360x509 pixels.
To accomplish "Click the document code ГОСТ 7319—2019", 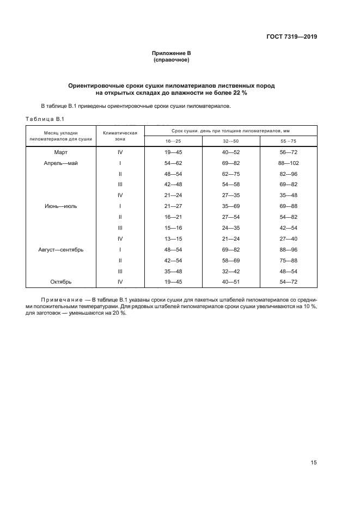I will click(291, 37).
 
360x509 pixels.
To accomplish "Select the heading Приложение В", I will click(172, 53).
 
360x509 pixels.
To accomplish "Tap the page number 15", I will click(313, 462).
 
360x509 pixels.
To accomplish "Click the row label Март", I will click(61, 152).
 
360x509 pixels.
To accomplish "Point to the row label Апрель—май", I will click(61, 163).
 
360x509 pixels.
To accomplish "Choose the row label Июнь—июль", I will click(61, 206).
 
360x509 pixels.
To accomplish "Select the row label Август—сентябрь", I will click(61, 250).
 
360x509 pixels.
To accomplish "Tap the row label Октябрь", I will click(61, 282).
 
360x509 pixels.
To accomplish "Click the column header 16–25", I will click(173, 141).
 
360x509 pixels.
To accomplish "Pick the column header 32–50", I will click(231, 141).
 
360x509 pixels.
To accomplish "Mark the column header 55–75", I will click(289, 141).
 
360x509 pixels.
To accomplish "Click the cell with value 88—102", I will click(289, 163).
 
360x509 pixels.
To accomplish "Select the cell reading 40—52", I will click(231, 152).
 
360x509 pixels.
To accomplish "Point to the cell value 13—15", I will click(173, 239).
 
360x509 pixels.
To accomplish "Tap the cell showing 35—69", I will click(231, 206).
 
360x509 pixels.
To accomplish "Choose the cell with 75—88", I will click(289, 261).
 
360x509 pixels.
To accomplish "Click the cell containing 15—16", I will click(173, 228).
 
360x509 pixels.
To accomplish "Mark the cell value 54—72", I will click(289, 282).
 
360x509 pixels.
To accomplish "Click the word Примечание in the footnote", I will click(61, 300).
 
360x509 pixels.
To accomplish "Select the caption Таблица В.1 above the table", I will click(45, 119).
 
